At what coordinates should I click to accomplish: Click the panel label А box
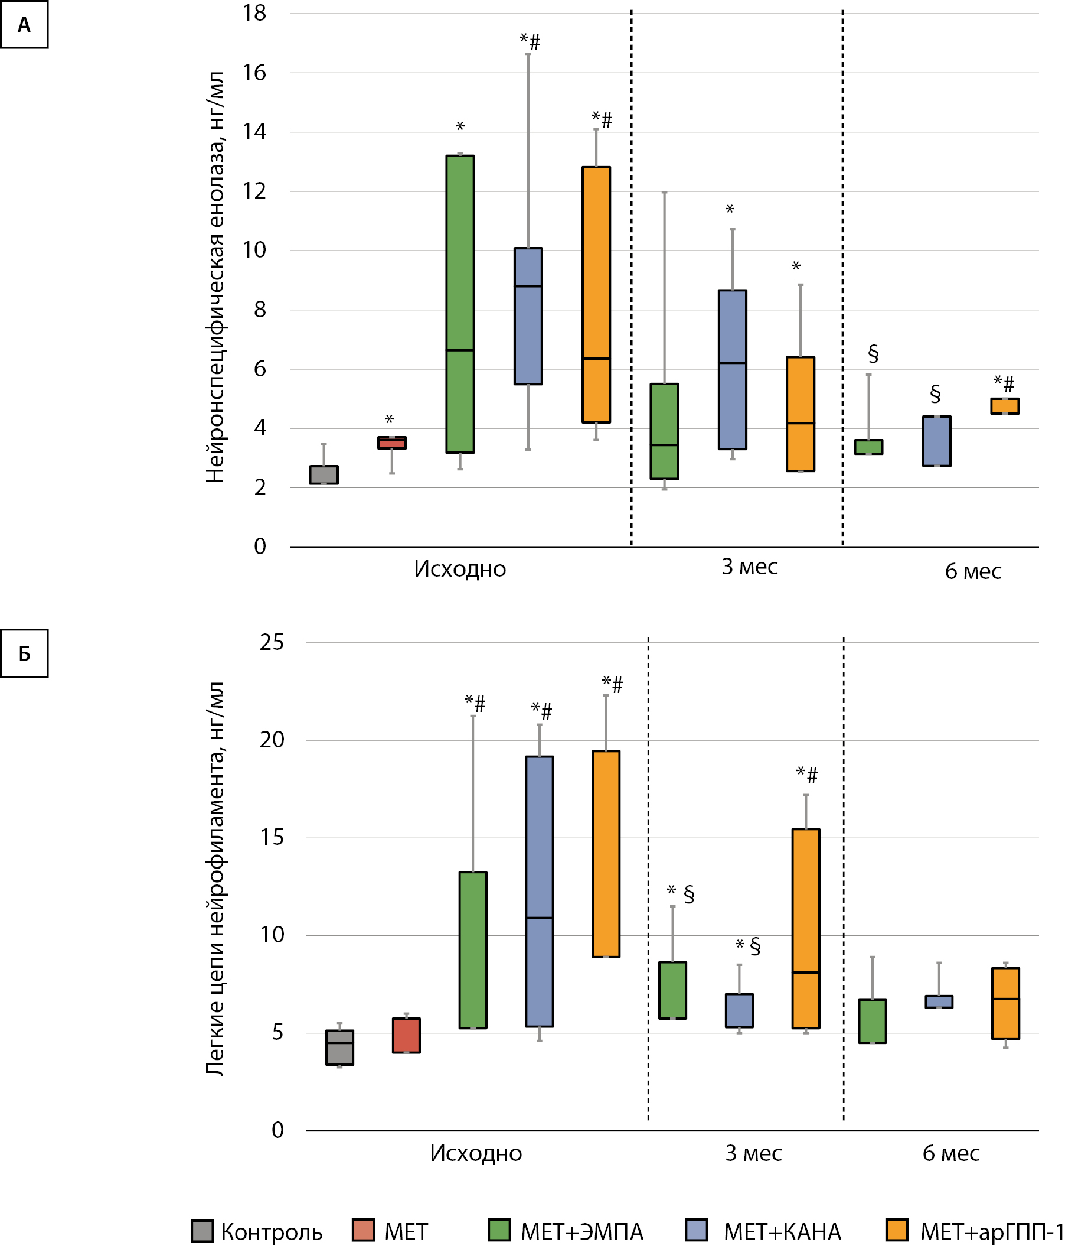click(24, 25)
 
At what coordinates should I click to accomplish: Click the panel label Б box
click(24, 653)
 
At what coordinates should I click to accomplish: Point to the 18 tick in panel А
click(254, 14)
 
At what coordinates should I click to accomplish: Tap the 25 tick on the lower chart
click(272, 642)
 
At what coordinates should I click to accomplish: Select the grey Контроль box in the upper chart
click(324, 474)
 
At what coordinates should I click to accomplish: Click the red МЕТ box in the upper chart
click(391, 443)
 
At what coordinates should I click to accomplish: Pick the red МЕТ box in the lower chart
click(406, 1035)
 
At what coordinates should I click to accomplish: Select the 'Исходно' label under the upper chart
click(460, 569)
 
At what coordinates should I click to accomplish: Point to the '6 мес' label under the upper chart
click(973, 571)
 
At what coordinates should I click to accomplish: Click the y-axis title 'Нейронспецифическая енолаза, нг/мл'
click(215, 277)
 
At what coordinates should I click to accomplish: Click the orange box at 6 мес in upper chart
click(1004, 406)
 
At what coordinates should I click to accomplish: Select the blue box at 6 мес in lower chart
click(939, 1001)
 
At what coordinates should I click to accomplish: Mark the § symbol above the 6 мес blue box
click(935, 393)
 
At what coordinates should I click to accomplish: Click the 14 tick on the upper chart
click(254, 132)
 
